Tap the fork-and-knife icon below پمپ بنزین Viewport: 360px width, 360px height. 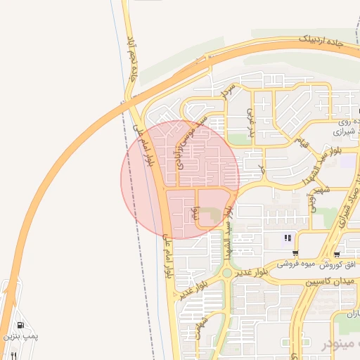(12, 356)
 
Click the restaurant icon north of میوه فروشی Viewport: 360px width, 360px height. (288, 238)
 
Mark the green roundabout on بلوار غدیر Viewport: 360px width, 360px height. (226, 273)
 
